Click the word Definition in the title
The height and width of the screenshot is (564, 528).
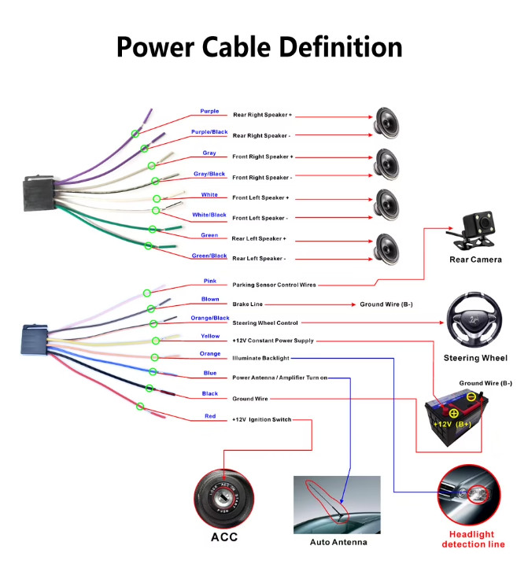point(341,47)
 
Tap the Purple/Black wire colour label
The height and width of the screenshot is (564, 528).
point(209,132)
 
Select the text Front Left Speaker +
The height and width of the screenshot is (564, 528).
point(260,197)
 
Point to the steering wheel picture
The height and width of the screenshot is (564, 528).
point(474,320)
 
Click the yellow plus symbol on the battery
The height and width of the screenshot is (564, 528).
point(454,413)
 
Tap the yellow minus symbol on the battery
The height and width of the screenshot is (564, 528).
point(471,397)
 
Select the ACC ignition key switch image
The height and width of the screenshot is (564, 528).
point(224,498)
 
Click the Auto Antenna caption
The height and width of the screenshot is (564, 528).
point(338,542)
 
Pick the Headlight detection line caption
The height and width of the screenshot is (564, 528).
point(473,539)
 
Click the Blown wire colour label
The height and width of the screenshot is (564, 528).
point(210,299)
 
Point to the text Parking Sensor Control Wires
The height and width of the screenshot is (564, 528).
point(275,285)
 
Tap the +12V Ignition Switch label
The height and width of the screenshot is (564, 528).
point(262,419)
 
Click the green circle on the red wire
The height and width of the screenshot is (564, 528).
point(140,407)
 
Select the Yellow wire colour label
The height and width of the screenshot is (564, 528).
point(210,336)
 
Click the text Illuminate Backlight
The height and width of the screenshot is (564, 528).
point(260,358)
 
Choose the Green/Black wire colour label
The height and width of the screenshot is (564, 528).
point(209,256)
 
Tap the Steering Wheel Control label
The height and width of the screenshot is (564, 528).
point(265,323)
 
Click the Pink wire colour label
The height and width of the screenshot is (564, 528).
point(210,281)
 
